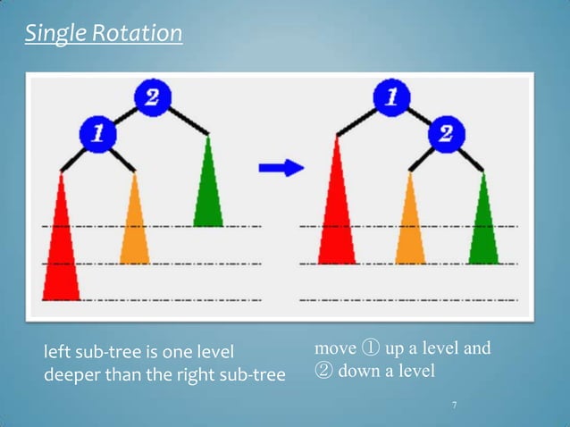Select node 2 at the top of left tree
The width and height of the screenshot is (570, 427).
(x=151, y=97)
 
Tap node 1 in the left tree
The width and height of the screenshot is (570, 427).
(x=96, y=134)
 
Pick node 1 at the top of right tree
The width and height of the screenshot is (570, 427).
(x=390, y=96)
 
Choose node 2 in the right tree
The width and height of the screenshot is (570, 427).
(x=444, y=134)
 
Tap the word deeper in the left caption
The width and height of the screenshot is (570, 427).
(x=73, y=373)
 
